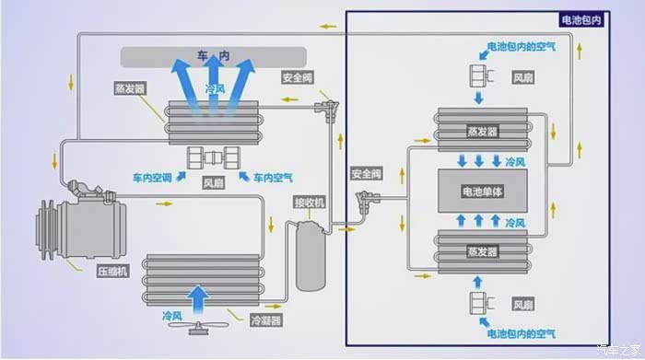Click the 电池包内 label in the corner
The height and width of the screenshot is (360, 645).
pos(581,19)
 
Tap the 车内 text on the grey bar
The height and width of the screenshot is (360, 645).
pos(213,55)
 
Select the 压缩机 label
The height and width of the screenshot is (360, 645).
pos(112,272)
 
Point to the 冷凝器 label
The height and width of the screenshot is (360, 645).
pos(266,320)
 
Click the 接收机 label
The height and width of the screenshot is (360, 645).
pos(309,203)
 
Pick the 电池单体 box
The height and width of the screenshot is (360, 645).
pos(483,192)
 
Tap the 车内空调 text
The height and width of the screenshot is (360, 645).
pos(152,178)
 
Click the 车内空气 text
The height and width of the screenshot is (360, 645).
pos(273,178)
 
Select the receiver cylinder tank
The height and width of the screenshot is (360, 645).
pos(311,256)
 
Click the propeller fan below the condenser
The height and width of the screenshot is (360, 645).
pos(199,327)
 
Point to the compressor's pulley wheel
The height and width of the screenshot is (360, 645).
pos(46,229)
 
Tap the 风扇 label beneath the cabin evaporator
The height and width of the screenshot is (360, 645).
pos(213,183)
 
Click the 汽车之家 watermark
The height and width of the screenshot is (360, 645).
pos(618,350)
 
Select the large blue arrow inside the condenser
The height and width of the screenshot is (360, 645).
pos(198,299)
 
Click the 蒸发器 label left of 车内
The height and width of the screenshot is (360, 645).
pos(130,88)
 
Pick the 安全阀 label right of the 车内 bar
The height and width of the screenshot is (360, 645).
pos(298,77)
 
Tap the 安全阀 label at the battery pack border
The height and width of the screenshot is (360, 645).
pos(366,174)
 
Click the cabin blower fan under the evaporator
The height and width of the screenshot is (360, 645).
pos(213,157)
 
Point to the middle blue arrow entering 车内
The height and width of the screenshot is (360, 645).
pos(213,80)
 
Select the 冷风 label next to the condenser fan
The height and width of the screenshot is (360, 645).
pos(172,316)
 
